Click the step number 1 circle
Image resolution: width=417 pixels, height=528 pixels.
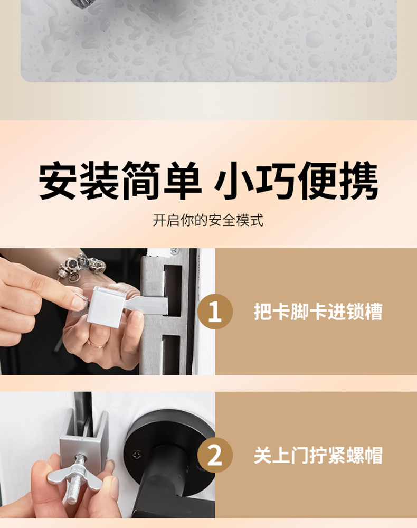215,312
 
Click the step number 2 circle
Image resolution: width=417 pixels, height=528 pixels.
215,455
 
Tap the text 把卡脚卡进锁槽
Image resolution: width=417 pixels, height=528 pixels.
318,312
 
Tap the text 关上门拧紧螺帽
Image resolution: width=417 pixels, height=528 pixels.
318,455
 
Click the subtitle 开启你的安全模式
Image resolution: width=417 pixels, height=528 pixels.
209,221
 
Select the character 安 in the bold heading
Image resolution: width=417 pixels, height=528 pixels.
58,180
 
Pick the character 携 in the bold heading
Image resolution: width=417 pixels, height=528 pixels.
359,180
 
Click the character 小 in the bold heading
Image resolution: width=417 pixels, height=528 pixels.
234,180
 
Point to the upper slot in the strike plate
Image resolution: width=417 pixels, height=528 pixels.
173,289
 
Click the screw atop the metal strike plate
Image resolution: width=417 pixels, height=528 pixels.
175,251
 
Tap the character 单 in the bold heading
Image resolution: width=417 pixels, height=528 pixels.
183,180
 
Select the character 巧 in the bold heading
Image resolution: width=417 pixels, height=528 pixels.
276,180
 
